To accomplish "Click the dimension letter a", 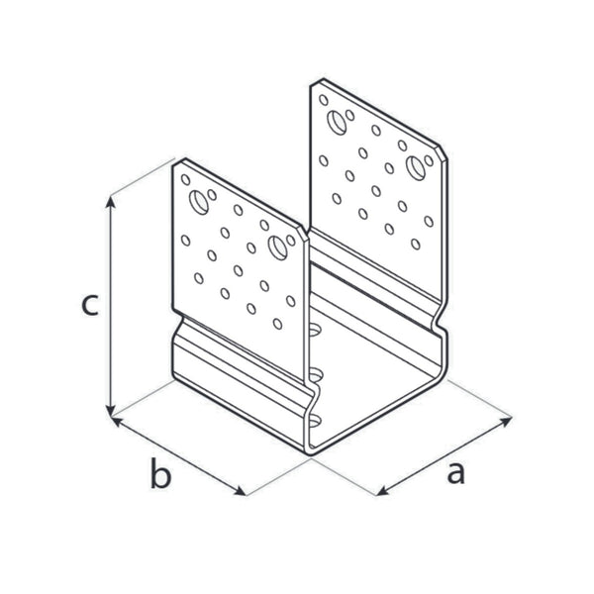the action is coord(455,473).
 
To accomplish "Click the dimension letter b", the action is coord(160,473).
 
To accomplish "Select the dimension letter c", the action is coord(90,305).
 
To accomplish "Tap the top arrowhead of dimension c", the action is coord(110,202).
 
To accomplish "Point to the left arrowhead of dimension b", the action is coord(116,421).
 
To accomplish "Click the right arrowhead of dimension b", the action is coord(241,491).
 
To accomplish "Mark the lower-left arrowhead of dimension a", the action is coord(383,491).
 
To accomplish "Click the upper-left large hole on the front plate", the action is coord(199,202).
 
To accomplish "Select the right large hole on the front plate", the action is coord(277,247).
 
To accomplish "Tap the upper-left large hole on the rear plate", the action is coord(337,123).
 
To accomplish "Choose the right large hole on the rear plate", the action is coord(416,168).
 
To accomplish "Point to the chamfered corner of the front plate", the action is coord(302,234).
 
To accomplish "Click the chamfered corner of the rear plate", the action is coord(442,153).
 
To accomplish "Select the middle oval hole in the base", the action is coord(315,376).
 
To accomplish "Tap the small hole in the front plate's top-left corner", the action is coord(186,179).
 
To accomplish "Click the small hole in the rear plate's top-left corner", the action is coord(324,100).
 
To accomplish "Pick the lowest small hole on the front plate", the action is coord(277,324).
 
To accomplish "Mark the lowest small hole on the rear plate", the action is coord(416,244).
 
